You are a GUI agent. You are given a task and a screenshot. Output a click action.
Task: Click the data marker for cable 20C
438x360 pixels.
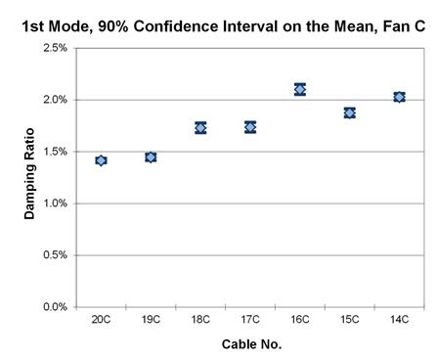click(101, 160)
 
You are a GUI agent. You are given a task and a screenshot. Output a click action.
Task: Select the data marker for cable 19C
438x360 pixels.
click(151, 157)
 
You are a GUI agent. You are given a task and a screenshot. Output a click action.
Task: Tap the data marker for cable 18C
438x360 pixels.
click(200, 127)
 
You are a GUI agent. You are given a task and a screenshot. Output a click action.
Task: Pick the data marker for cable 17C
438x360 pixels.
click(250, 127)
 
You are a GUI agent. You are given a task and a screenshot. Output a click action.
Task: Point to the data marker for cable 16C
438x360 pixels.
click(300, 89)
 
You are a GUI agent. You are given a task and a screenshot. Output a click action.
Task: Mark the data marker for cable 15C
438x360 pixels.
click(349, 112)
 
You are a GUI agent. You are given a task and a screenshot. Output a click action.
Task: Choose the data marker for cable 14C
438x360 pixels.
click(399, 97)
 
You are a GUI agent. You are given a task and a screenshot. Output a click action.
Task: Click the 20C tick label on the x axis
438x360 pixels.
click(101, 320)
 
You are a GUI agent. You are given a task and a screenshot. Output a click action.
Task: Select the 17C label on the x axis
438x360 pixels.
click(250, 320)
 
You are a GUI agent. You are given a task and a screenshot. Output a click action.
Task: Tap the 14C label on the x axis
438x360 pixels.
click(399, 320)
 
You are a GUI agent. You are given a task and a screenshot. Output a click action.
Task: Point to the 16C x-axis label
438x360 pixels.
click(300, 320)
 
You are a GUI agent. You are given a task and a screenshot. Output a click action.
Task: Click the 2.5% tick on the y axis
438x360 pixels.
click(55, 48)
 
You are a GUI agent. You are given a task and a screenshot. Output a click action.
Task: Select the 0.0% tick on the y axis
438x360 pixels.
click(55, 307)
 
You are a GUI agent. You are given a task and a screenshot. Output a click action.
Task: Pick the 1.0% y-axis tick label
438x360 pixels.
click(55, 203)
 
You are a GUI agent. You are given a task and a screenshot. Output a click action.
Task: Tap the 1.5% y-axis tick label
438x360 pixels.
click(55, 152)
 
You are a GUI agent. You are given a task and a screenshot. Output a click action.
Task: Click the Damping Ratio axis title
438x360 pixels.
click(29, 178)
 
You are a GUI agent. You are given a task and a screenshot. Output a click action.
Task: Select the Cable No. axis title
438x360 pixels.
click(250, 343)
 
